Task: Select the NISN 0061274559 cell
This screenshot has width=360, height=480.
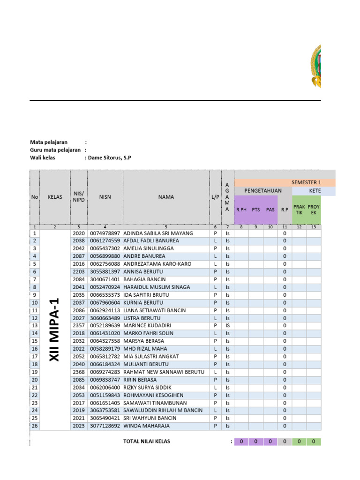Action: (x=105, y=240)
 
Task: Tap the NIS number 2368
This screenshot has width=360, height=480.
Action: (x=79, y=372)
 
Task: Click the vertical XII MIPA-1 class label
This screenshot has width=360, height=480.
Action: (x=55, y=330)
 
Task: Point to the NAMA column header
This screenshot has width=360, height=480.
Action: (x=166, y=197)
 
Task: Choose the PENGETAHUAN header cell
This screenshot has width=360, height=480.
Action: (x=263, y=191)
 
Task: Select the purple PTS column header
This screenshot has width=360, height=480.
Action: (x=255, y=210)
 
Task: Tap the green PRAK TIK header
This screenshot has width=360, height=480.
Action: (x=299, y=210)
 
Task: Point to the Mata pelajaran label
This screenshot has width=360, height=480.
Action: (x=49, y=142)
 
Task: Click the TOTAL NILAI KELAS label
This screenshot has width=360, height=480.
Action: (x=147, y=441)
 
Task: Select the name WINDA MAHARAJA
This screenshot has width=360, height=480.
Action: (x=146, y=426)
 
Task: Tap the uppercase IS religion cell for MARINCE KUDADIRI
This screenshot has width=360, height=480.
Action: (x=227, y=325)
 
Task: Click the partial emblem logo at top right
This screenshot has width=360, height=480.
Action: (x=315, y=66)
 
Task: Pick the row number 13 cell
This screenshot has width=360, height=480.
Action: (x=35, y=325)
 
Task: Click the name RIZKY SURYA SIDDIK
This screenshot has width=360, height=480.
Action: (x=147, y=387)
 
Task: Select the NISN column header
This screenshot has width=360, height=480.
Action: (x=105, y=197)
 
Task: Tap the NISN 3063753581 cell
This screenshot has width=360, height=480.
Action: (x=105, y=410)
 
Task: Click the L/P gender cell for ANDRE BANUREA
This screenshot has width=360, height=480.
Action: (x=215, y=256)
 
